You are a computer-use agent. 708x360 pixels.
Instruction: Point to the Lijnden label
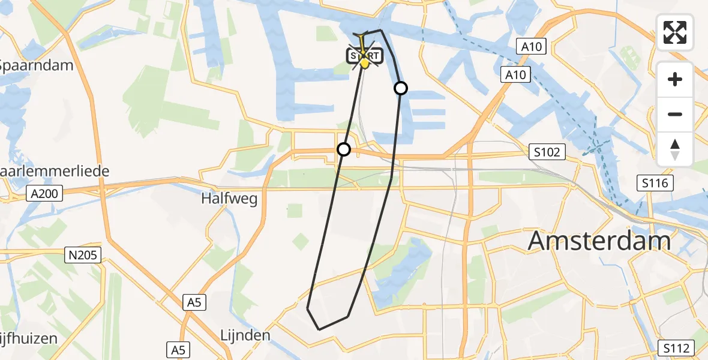pos(245,335)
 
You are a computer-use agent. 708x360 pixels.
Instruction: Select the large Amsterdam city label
pos(599,241)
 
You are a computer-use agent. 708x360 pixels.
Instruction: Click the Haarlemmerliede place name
pos(54,171)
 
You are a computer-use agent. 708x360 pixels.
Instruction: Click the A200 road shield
pos(45,194)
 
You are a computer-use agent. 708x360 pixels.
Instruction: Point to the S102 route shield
pos(548,152)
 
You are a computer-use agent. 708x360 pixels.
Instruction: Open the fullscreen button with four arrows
pos(675,32)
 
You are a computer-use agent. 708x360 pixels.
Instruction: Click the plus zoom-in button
pos(675,79)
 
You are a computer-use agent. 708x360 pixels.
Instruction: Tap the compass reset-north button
pos(675,149)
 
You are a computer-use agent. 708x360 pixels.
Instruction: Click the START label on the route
pos(364,57)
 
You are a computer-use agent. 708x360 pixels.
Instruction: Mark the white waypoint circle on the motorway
pos(343,149)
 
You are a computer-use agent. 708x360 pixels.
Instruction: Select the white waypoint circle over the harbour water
pos(401,88)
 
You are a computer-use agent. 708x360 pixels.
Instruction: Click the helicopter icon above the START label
pos(362,41)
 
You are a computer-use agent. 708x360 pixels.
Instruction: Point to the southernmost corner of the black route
pos(319,329)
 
